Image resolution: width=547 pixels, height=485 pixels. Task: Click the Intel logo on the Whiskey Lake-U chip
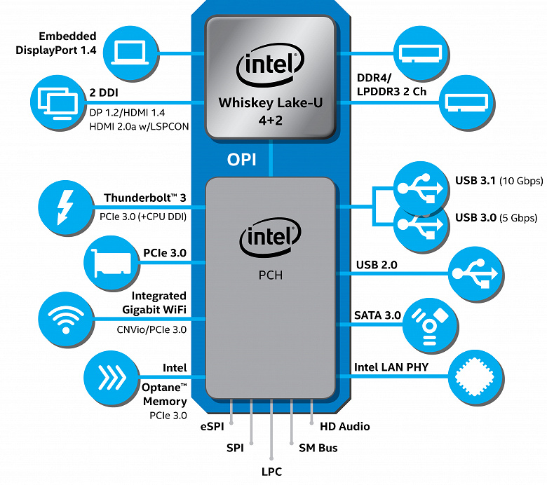(x=270, y=67)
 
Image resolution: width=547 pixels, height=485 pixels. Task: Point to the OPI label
(x=241, y=159)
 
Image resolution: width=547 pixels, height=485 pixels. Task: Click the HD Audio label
(x=344, y=426)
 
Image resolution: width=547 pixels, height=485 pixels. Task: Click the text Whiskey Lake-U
(x=270, y=102)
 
